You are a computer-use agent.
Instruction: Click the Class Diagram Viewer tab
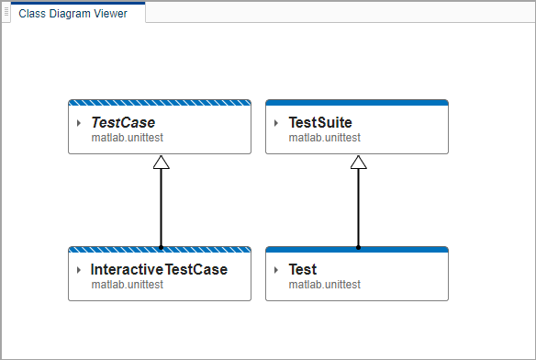tap(73, 14)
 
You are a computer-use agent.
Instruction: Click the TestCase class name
tap(123, 123)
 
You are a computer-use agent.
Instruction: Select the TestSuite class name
tap(319, 123)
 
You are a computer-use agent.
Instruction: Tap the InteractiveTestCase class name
tap(159, 270)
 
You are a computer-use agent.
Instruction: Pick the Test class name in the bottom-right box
tap(302, 270)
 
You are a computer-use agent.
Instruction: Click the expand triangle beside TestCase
tap(80, 123)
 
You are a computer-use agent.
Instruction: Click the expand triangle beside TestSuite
tap(277, 123)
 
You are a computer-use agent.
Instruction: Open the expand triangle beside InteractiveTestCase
tap(80, 270)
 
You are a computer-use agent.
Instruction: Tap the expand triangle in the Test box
tap(277, 270)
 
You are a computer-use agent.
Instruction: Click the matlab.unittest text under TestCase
tap(127, 138)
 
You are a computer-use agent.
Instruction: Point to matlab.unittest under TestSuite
tap(324, 138)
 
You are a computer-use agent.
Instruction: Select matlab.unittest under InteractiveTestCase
tap(127, 285)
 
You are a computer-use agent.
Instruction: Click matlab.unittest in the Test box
tap(324, 285)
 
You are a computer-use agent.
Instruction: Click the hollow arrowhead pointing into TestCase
tap(162, 163)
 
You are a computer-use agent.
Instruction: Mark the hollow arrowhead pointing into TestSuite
tap(359, 163)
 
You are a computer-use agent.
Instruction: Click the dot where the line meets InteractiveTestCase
tap(162, 247)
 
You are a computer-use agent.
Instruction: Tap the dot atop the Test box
tap(359, 247)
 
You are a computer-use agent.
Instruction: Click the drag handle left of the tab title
tap(7, 14)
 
